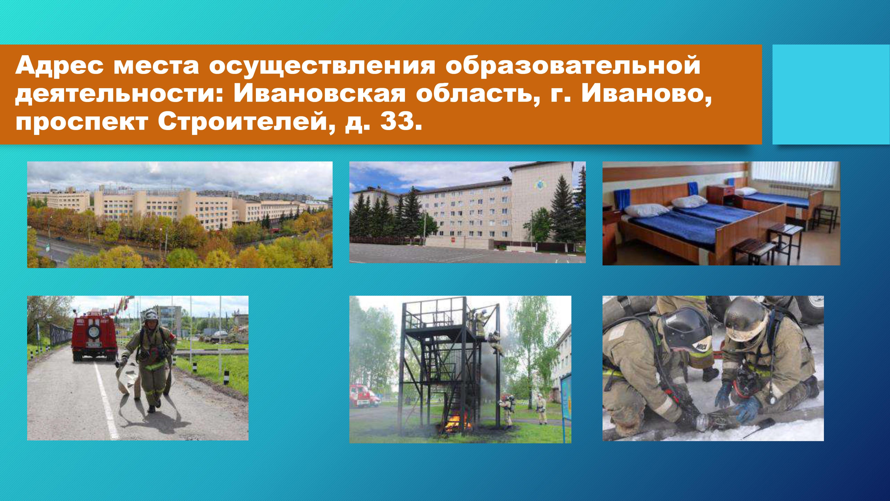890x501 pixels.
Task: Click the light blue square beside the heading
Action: [831, 94]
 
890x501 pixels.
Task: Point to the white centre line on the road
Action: [106, 401]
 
